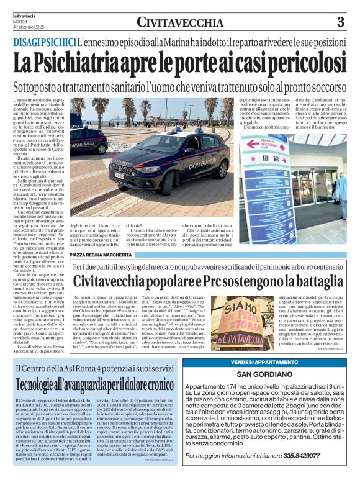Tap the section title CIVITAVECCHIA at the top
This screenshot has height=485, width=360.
point(180,23)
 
